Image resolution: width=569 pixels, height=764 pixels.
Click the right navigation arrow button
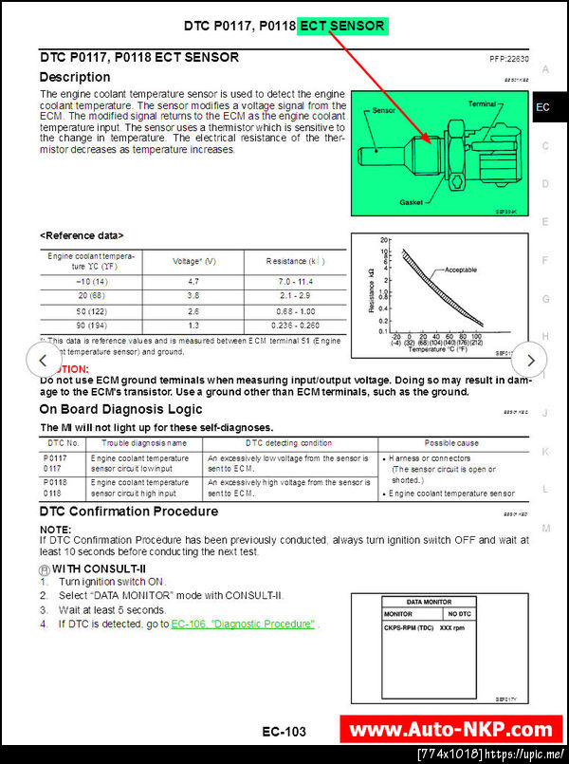click(530, 361)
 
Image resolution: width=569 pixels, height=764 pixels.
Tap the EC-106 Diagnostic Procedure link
click(243, 624)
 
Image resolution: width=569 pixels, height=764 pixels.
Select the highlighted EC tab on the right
click(542, 107)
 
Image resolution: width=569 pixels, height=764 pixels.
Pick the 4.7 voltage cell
click(193, 282)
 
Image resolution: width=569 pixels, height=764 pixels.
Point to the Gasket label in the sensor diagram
click(412, 202)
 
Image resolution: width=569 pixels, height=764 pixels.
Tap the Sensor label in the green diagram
click(383, 110)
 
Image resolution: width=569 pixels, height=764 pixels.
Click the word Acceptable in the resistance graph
click(460, 270)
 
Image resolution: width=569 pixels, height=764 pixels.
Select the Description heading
click(75, 77)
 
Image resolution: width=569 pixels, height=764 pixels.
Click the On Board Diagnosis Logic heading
click(120, 409)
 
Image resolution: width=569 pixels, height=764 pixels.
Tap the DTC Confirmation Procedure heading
click(129, 512)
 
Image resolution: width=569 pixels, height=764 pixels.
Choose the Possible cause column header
click(451, 443)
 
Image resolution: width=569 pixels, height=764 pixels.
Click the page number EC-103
click(284, 732)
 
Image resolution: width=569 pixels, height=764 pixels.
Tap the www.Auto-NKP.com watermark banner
click(450, 730)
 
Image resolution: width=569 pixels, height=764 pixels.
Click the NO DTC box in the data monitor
click(486, 614)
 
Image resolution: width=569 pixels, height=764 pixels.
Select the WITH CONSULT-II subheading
click(98, 568)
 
